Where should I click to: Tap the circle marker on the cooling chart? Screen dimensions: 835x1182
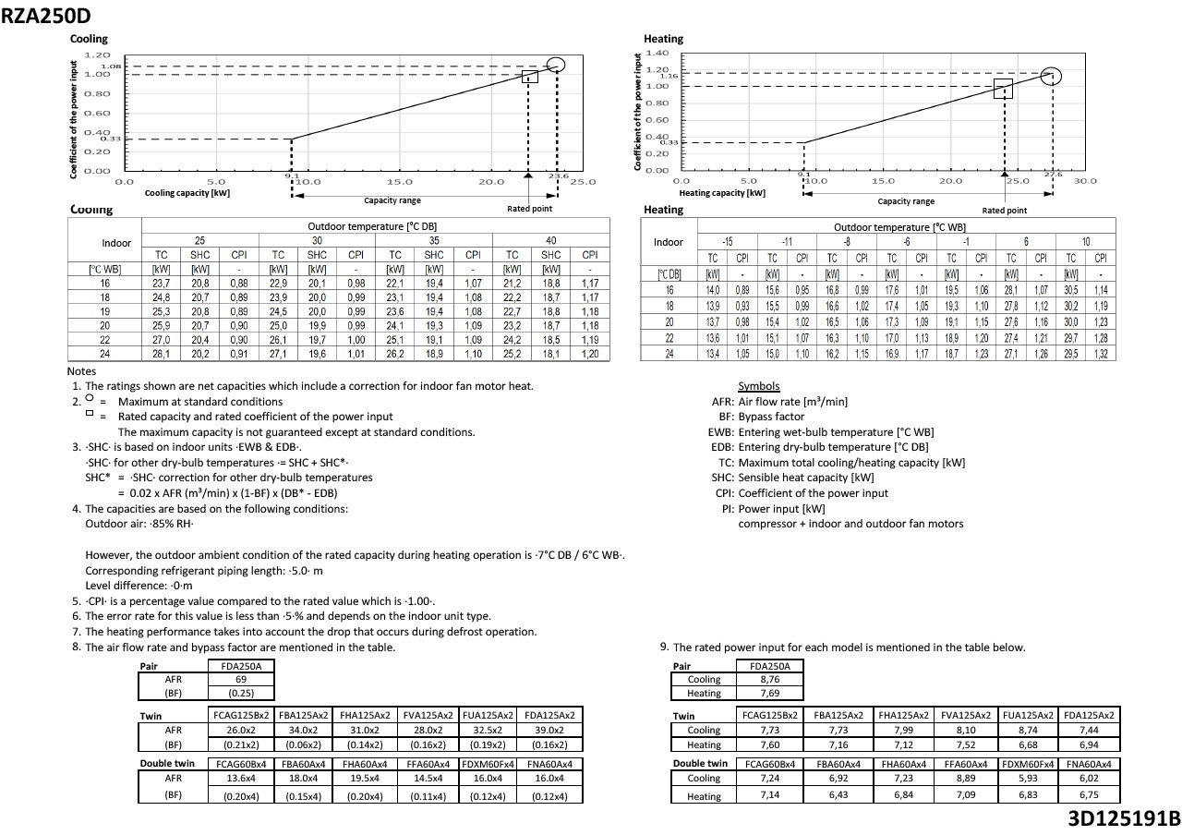click(x=555, y=64)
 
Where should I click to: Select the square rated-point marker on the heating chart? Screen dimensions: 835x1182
click(x=1003, y=89)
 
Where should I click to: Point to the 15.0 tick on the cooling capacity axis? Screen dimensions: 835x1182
click(x=400, y=182)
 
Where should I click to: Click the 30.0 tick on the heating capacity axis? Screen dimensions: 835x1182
click(x=1085, y=181)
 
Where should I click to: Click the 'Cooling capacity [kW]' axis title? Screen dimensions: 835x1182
click(x=187, y=193)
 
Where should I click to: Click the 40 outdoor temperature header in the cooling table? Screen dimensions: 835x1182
click(x=551, y=240)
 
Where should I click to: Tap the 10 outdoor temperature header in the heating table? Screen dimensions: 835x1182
click(x=1086, y=242)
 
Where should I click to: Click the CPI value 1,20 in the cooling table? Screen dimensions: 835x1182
click(x=589, y=354)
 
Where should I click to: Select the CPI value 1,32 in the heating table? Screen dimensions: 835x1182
click(x=1101, y=355)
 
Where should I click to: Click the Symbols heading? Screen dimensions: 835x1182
click(x=758, y=386)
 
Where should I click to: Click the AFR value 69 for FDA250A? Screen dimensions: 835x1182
click(x=240, y=679)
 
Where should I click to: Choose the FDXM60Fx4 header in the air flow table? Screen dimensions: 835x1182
click(x=489, y=764)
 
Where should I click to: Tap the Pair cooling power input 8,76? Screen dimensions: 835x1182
click(x=770, y=679)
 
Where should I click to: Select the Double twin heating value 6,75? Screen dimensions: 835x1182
click(x=1089, y=794)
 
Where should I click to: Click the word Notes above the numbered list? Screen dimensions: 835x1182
click(x=82, y=371)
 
